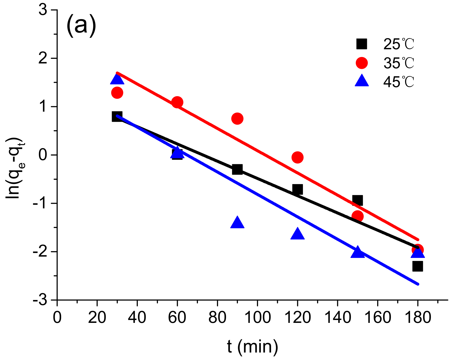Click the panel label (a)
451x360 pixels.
tap(81, 26)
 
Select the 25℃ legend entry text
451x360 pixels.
tap(398, 44)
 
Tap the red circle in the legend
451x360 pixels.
tap(362, 63)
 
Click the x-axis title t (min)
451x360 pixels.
tap(252, 346)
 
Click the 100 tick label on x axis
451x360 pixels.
tap(257, 317)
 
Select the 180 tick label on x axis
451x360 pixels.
tap(417, 317)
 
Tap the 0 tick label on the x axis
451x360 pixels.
tap(57, 317)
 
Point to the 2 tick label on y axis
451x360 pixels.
tap(43, 59)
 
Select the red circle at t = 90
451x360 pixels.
tap(237, 119)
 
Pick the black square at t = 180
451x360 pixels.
tap(417, 266)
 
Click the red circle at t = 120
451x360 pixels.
tap(297, 157)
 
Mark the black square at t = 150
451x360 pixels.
tap(358, 200)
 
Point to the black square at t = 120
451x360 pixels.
tap(297, 189)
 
